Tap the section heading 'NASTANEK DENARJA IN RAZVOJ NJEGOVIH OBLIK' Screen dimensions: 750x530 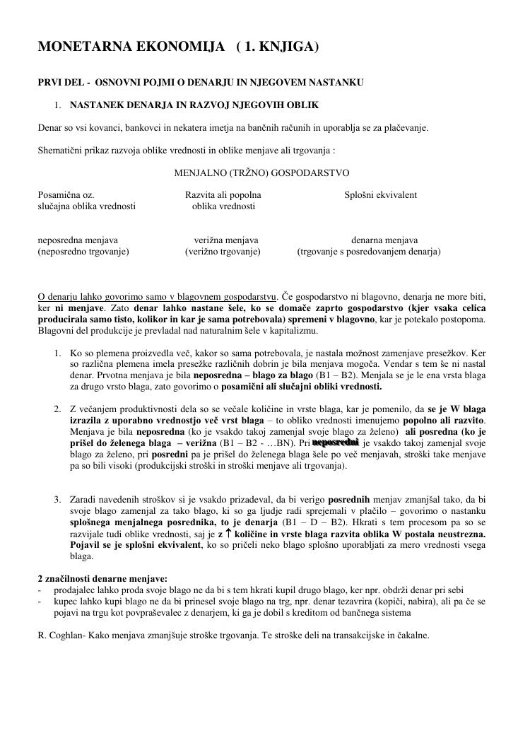point(194,105)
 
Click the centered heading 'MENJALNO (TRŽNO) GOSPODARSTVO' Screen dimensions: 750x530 point(261,172)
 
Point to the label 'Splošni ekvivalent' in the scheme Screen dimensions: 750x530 point(380,195)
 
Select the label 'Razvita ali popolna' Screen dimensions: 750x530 point(223,195)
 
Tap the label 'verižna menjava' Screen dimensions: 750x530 point(226,240)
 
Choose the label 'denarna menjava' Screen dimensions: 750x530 point(384,240)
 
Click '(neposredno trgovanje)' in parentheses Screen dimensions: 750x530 point(83,251)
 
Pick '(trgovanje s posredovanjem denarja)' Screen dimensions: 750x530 point(369,251)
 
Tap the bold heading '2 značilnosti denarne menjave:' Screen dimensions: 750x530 point(102,579)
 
